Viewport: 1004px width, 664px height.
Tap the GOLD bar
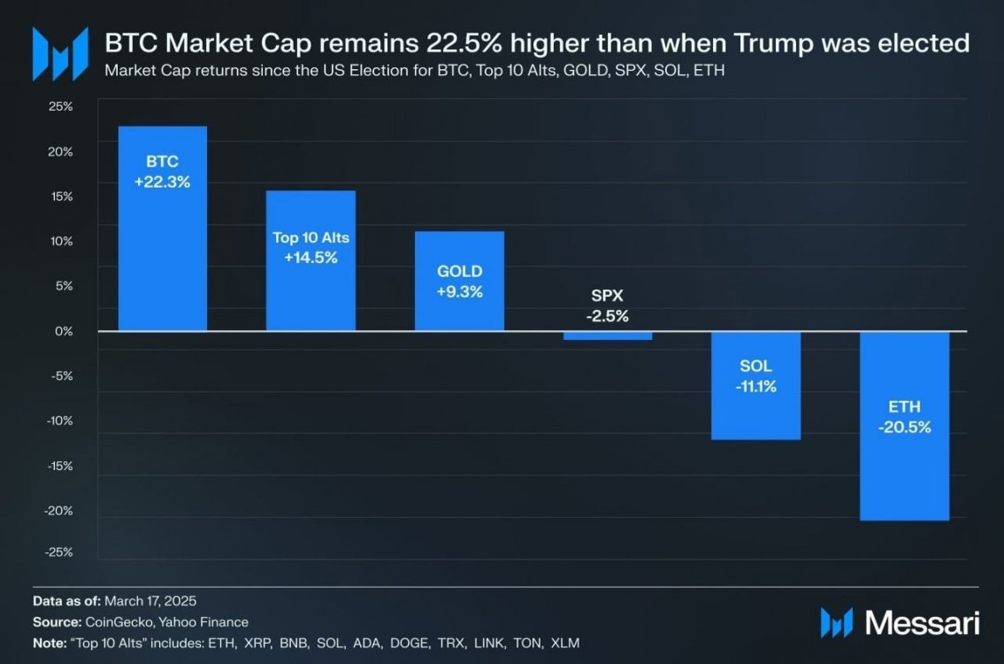pyautogui.click(x=459, y=310)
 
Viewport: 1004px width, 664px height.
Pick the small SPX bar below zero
pyautogui.click(x=608, y=336)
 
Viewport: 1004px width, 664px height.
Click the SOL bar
pyautogui.click(x=756, y=416)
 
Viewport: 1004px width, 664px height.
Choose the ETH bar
pyautogui.click(x=905, y=478)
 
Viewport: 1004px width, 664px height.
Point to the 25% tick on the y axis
pyautogui.click(x=60, y=106)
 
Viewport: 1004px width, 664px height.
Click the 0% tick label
pyautogui.click(x=64, y=331)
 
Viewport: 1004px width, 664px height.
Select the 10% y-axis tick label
pyautogui.click(x=60, y=241)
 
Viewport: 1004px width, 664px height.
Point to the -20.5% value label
pyautogui.click(x=905, y=427)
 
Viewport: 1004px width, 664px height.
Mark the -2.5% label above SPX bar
pyautogui.click(x=608, y=316)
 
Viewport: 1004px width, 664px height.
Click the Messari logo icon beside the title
pyautogui.click(x=60, y=54)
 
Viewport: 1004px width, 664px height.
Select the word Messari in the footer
pyautogui.click(x=922, y=622)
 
